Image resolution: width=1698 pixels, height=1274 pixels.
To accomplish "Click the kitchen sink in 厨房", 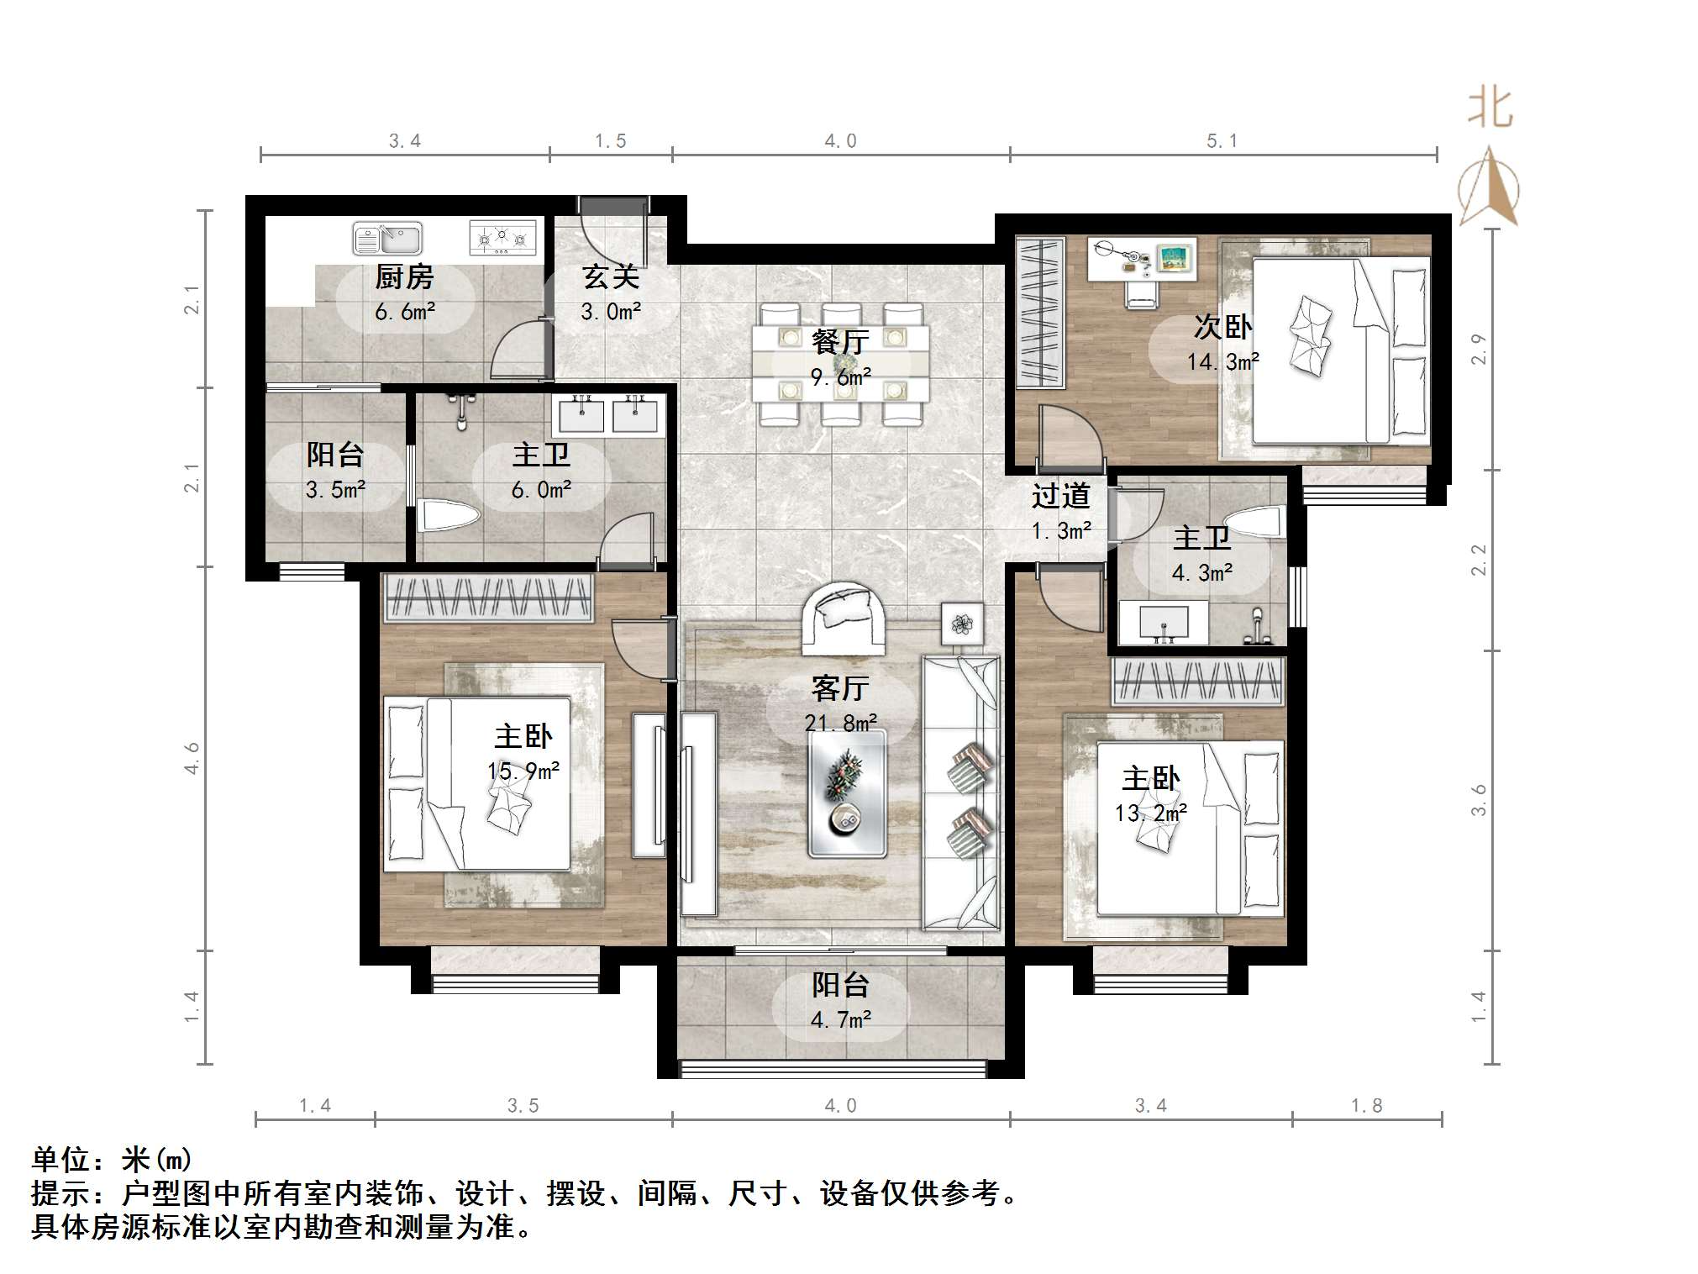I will pos(387,238).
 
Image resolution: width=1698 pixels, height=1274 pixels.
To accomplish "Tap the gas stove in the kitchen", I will pos(502,237).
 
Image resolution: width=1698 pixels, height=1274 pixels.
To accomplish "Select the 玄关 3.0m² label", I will pos(611,293).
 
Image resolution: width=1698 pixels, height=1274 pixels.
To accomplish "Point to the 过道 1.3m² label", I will pos(1061,512).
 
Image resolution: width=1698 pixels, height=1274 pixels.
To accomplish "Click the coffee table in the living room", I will pos(847,792).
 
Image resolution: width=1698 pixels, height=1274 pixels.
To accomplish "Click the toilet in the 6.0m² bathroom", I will pos(446,515).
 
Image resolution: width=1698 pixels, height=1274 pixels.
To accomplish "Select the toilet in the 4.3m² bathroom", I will pos(1258,523).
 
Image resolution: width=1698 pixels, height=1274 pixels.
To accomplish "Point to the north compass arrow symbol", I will pos(1488,187).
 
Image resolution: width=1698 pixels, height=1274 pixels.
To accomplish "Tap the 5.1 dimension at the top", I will pos(1222,141).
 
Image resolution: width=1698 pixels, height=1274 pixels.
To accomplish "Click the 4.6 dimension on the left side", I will pos(192,758).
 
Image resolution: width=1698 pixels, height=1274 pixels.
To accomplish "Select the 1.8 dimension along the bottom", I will pos(1366,1105).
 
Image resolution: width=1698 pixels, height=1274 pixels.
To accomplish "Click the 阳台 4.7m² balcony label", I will pos(840,1001).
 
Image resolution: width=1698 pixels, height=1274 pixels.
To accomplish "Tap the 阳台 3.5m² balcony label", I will pos(335,471).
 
